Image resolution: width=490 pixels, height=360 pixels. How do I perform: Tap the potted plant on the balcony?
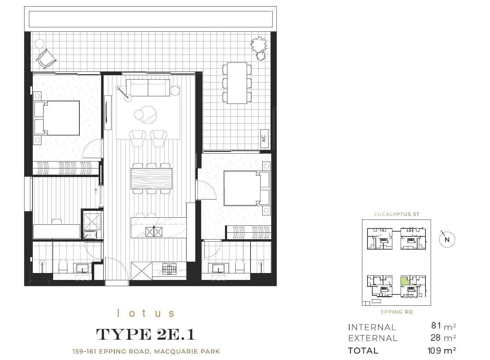pos(259,48)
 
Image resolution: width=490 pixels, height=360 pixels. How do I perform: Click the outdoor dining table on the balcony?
pos(237,83)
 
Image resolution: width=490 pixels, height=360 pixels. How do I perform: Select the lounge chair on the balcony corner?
pos(46,59)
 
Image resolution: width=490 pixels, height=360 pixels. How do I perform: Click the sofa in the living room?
pos(148,88)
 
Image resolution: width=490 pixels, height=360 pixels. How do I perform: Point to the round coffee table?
pos(146,113)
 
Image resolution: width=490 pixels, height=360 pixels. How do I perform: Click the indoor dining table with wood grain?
pos(151,178)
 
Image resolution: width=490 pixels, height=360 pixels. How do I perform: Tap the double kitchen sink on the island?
pos(154,232)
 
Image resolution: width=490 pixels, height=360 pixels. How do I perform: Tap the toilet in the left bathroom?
pos(63,266)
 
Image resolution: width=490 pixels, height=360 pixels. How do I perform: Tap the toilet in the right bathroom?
pos(239,266)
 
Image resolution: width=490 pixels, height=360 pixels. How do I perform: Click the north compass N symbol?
pos(447,240)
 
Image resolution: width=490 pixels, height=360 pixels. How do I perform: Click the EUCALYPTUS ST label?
pos(396,214)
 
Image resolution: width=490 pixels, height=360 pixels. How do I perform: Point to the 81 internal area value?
pos(436,325)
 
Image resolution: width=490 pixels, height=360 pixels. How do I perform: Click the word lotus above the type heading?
pos(146,313)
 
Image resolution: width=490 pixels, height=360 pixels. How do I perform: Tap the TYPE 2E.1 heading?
pos(146,334)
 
